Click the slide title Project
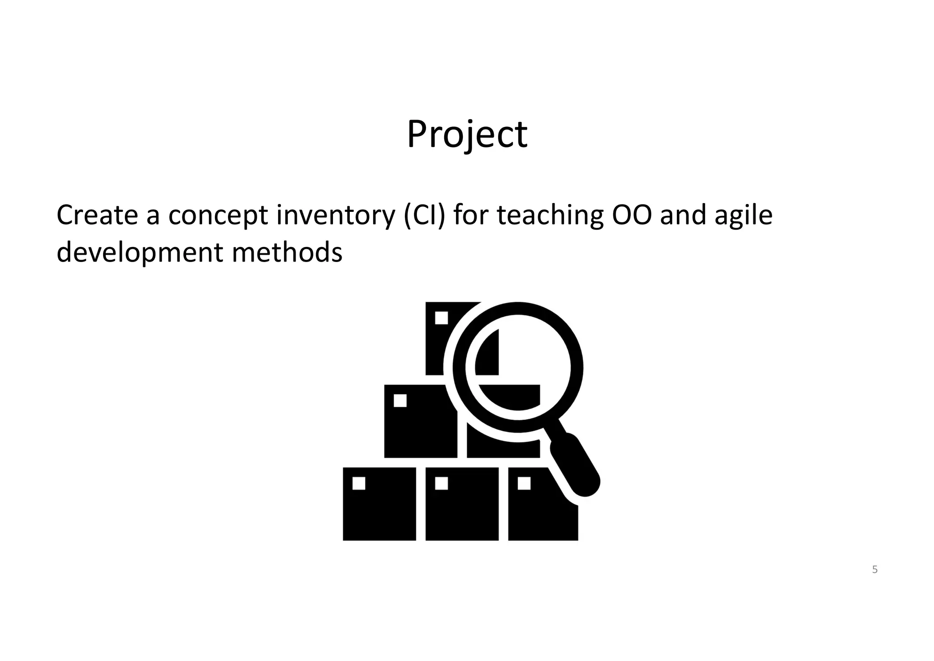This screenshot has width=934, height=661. pos(467,135)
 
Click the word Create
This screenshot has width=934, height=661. pos(97,215)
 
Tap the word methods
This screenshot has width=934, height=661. pos(287,252)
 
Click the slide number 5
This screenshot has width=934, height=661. pos(875,569)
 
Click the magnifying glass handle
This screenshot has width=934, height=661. pos(576,466)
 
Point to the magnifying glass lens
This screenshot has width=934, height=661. pos(518,367)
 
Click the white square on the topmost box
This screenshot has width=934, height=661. pos(441,318)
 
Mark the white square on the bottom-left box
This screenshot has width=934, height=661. pos(359,483)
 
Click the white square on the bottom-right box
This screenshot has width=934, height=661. pos(524,483)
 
